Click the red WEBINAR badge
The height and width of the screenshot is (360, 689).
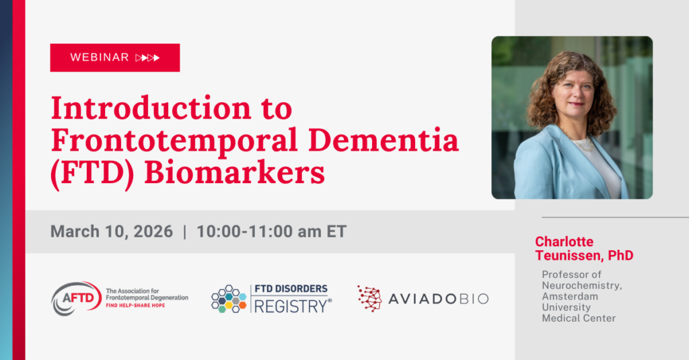click(114, 58)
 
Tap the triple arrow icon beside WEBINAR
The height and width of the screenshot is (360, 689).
click(147, 58)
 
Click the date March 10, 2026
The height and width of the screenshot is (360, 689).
click(110, 231)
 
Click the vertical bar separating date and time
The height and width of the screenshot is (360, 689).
click(185, 231)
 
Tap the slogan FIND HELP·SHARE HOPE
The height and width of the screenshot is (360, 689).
click(135, 305)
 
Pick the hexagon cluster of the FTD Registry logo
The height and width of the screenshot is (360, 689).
click(229, 299)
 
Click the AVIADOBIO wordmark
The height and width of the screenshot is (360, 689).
click(438, 298)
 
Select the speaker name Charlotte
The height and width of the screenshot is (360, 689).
click(565, 242)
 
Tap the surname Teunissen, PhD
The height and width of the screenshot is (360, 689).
click(584, 256)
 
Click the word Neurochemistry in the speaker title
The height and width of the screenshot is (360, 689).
click(582, 286)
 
